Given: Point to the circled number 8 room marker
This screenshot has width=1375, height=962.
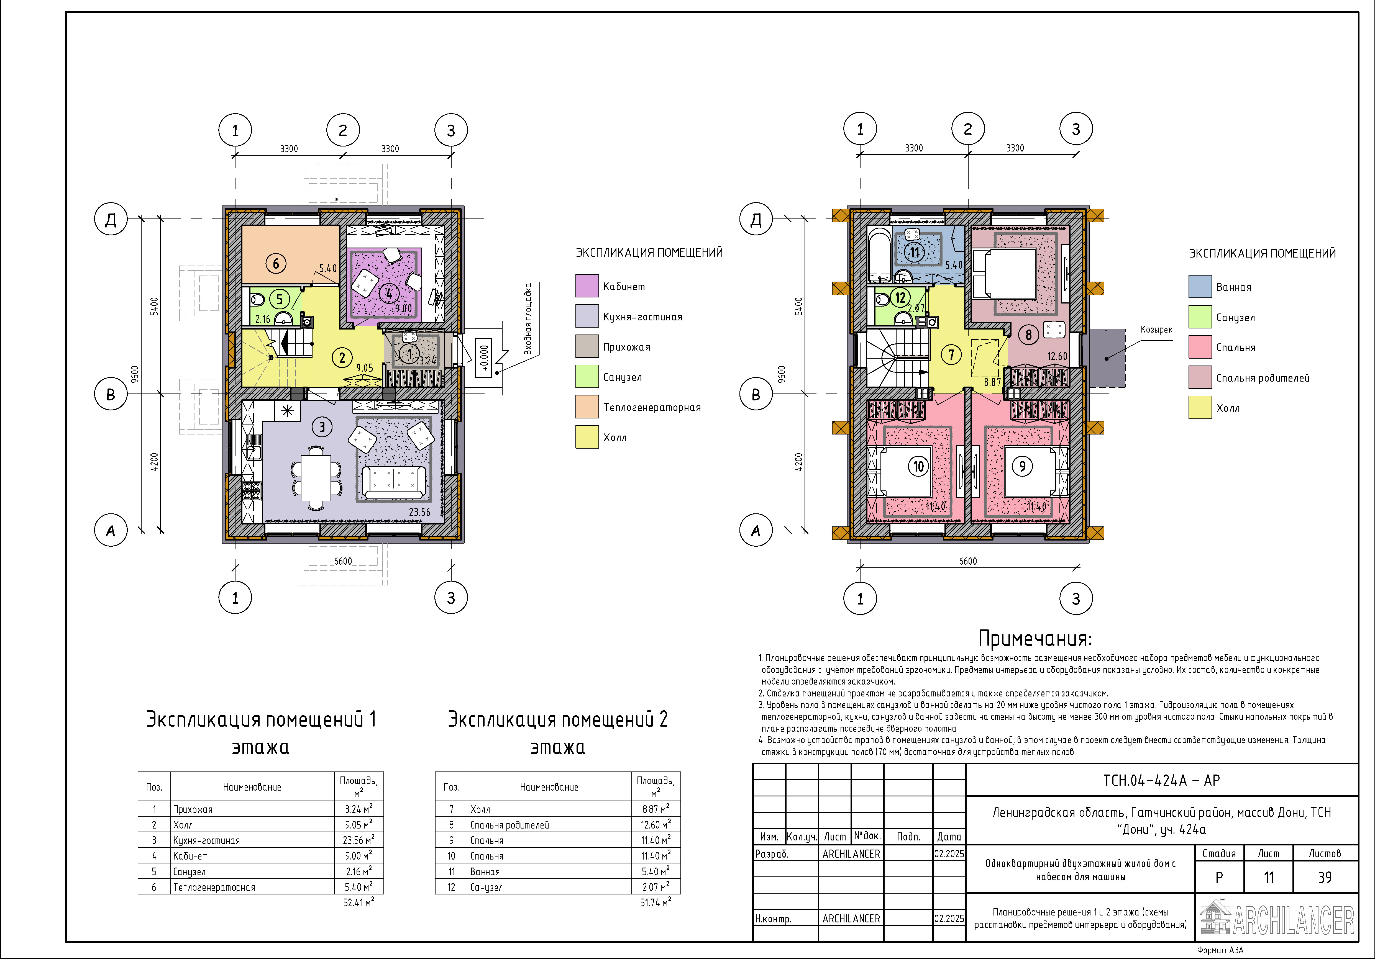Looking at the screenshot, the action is pyautogui.click(x=1028, y=335).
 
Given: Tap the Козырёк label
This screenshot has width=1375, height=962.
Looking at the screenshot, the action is pyautogui.click(x=1156, y=330).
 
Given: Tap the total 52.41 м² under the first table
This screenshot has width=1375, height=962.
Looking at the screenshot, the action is pyautogui.click(x=358, y=902).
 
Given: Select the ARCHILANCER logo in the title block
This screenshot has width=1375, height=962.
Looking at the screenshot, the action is pyautogui.click(x=1277, y=917).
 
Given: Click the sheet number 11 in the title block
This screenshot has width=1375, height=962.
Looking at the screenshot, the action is pyautogui.click(x=1268, y=878).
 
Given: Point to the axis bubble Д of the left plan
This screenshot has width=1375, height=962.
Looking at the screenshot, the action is pyautogui.click(x=111, y=219).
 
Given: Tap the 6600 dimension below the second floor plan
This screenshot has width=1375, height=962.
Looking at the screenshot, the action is pyautogui.click(x=968, y=561).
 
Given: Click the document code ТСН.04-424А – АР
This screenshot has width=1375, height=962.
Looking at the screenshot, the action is pyautogui.click(x=1161, y=780).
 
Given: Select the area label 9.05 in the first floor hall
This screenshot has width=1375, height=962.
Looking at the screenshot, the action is pyautogui.click(x=364, y=367).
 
